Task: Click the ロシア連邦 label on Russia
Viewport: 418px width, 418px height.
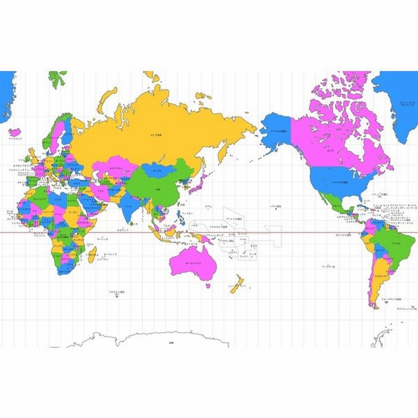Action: (156, 135)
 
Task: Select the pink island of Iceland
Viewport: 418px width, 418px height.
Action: (15, 132)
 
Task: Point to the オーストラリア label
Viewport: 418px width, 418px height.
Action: (193, 264)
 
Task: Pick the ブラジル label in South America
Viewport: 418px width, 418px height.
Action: (395, 243)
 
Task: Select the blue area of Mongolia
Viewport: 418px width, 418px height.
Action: (157, 170)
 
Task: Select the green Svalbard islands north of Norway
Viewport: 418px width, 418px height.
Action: (57, 78)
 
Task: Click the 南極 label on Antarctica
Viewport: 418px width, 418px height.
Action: (171, 342)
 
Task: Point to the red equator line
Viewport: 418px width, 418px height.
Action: (313, 233)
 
